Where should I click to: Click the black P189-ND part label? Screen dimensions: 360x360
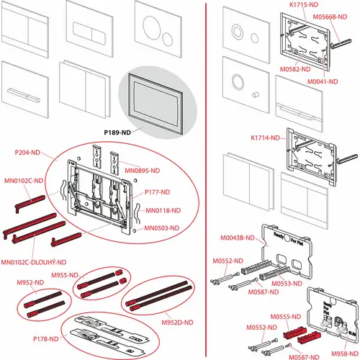pos(117,132)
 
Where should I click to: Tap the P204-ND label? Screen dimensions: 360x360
pos(27,153)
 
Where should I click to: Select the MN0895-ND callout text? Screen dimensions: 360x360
pos(142,171)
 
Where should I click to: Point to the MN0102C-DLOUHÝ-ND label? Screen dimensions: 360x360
pos(34,262)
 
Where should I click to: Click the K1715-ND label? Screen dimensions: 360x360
pos(304,5)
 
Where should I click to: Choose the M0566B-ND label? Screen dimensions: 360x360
pos(330,17)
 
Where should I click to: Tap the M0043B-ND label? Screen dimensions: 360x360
pos(238,238)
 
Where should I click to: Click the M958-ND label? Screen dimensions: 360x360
pos(345,354)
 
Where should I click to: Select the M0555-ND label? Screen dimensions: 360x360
pos(286,317)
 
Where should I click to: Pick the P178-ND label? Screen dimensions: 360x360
pos(46,339)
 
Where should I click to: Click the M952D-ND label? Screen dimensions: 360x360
pos(177,323)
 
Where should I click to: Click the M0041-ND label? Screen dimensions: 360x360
pos(323,81)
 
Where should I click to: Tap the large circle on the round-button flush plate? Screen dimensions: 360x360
pos(144,27)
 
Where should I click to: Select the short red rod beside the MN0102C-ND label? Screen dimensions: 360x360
pos(30,204)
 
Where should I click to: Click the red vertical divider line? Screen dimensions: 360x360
pos(206,180)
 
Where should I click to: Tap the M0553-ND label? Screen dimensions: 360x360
pos(287,284)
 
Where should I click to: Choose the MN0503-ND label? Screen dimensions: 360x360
pos(162,228)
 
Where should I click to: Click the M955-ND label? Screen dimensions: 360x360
pos(65,275)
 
